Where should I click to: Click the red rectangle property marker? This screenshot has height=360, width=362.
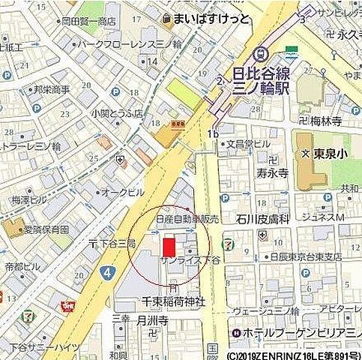168,246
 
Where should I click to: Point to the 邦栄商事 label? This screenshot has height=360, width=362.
51,89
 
